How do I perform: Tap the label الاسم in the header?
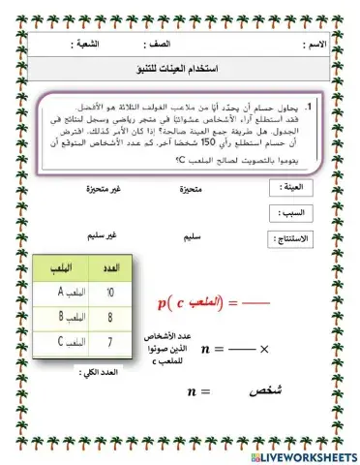click(315, 46)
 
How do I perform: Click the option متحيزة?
click(196, 188)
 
